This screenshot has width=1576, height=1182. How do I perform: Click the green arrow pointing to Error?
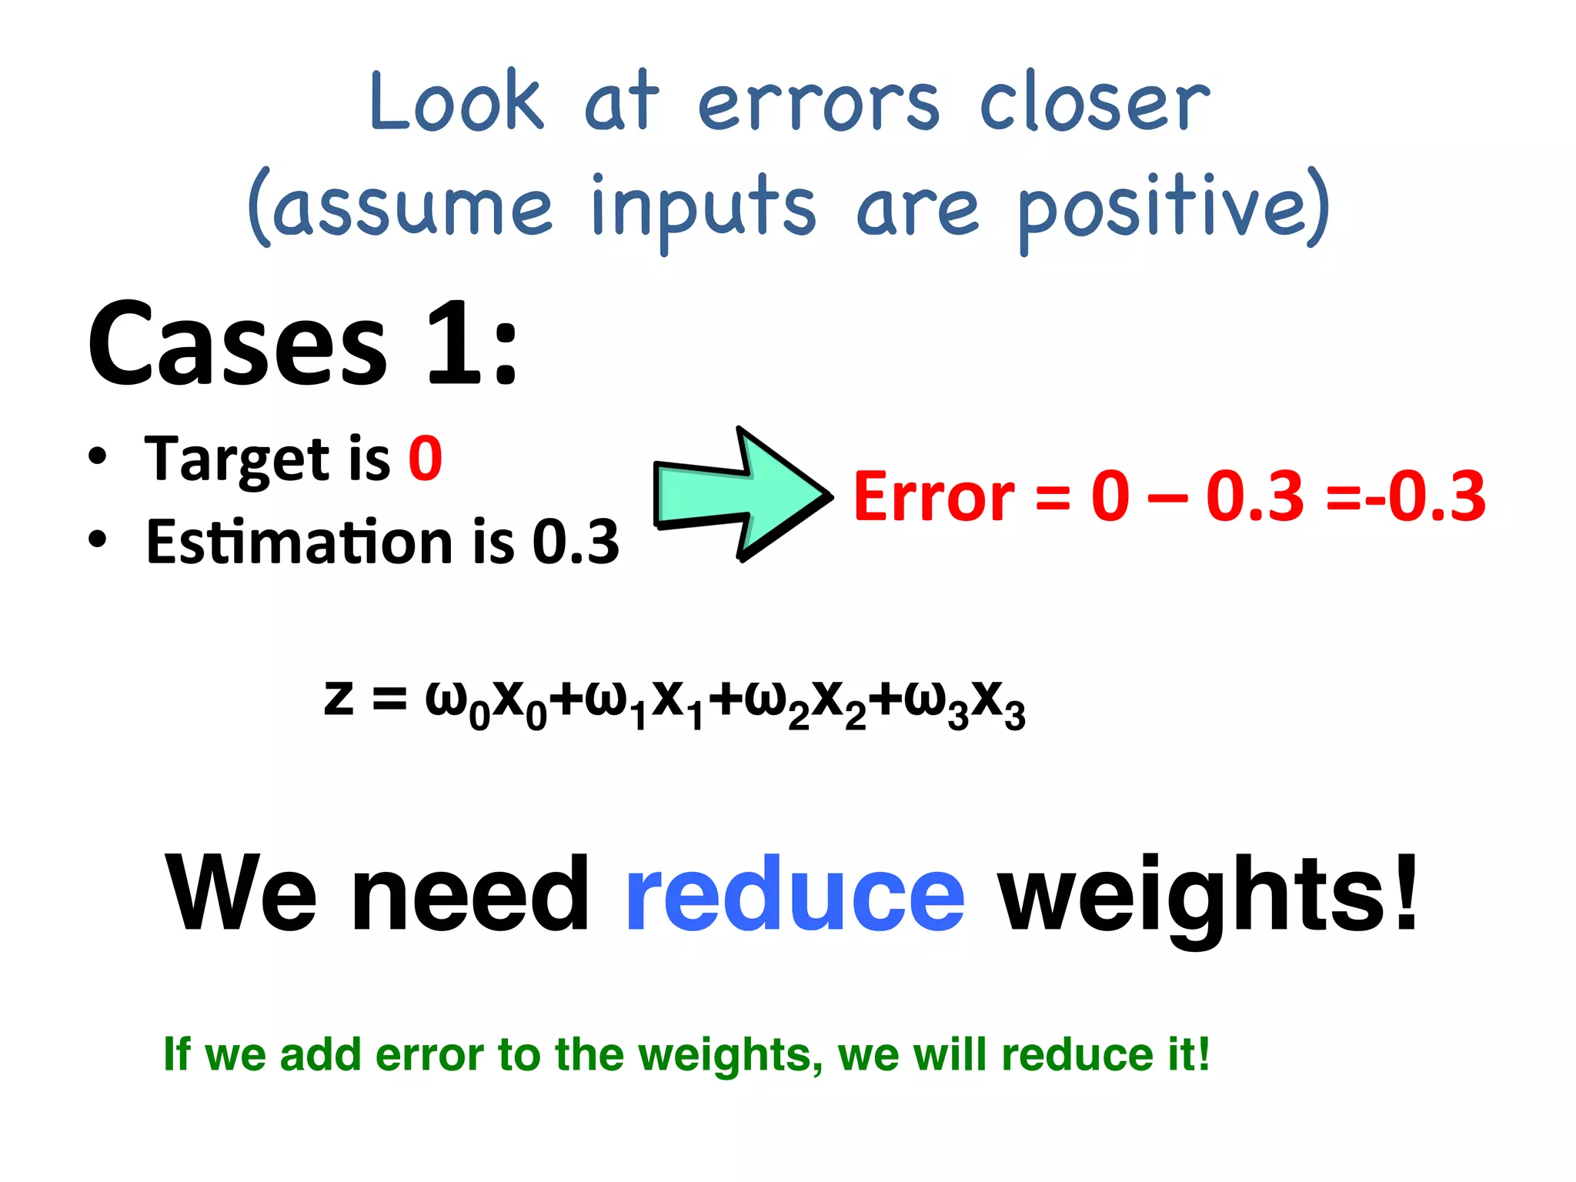click(x=739, y=494)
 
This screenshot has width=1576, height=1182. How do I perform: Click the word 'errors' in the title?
click(x=818, y=104)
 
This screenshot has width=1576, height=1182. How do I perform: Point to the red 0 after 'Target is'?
click(x=425, y=459)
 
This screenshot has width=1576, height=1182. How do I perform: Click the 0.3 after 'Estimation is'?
click(x=576, y=542)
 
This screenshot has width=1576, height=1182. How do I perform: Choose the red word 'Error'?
click(x=933, y=497)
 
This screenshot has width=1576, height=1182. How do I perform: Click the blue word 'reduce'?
click(x=794, y=894)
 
